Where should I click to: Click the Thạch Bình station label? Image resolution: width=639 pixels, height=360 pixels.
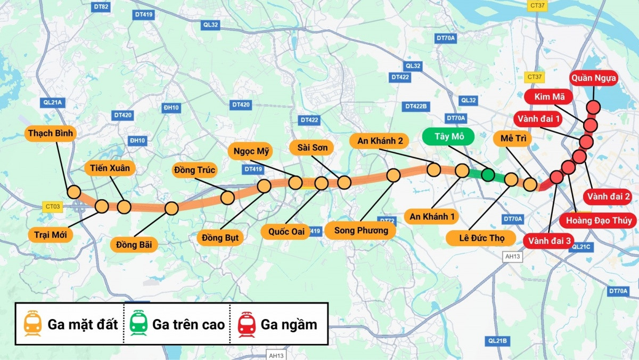[51, 133]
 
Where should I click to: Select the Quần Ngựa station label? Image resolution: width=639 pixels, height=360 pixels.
[594, 79]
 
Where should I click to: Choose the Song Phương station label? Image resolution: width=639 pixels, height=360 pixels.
[361, 230]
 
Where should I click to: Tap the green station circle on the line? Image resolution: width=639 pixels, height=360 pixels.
[488, 175]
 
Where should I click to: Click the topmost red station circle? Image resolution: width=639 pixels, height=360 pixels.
[593, 107]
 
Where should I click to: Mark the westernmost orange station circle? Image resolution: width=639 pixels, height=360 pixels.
[73, 192]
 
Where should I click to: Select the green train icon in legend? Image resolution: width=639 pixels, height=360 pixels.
[138, 324]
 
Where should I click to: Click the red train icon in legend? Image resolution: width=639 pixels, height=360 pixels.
[247, 324]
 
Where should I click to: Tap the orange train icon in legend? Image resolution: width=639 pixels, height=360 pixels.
[33, 324]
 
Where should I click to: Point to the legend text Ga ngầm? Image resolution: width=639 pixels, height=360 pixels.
[289, 324]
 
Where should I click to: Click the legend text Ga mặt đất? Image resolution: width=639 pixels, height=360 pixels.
[83, 324]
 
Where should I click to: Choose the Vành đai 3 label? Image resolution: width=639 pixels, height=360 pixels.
[550, 241]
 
